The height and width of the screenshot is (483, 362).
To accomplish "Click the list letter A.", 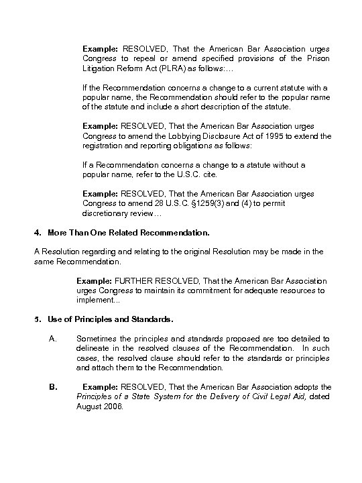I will click(53, 339).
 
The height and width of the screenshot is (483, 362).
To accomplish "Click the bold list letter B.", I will click(53, 387).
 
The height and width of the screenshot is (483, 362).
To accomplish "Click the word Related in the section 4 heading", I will click(121, 232).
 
